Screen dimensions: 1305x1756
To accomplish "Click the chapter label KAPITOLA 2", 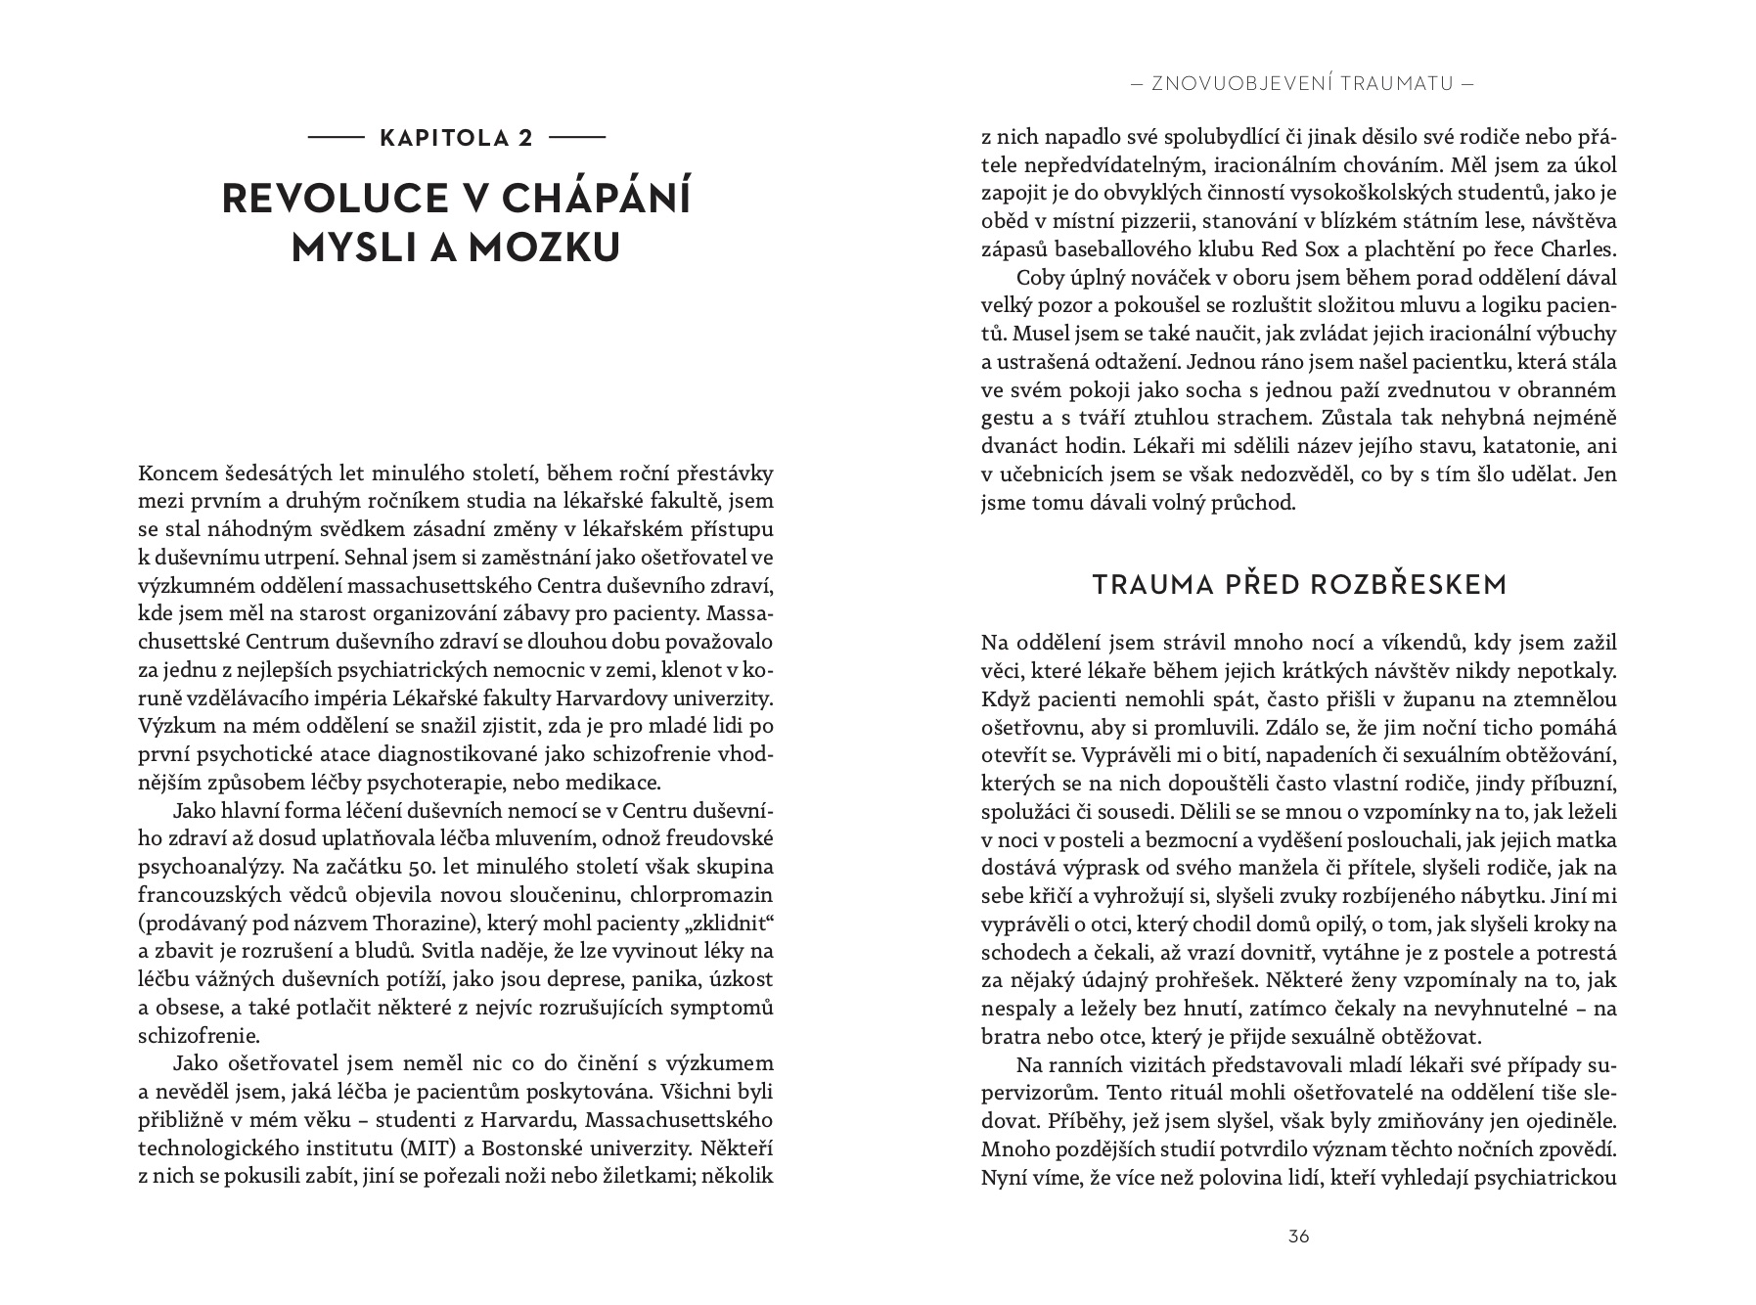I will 456,138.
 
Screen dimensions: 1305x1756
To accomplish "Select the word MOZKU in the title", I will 543,247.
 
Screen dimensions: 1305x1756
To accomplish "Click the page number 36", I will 1298,1237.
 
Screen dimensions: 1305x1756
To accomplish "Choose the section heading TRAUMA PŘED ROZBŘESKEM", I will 1299,585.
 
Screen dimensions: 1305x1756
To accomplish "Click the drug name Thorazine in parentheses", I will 438,923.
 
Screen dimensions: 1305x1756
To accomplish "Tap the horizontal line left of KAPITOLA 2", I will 336,138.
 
